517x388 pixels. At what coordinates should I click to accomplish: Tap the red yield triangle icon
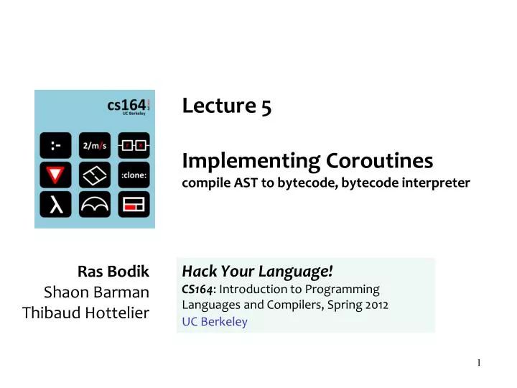[x=55, y=175]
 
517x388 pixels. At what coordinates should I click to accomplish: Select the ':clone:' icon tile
[x=134, y=175]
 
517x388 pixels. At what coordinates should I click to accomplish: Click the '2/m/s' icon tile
[x=94, y=145]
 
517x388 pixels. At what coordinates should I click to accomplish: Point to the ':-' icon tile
[x=55, y=145]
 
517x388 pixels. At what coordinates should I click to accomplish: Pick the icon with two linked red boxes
[x=134, y=145]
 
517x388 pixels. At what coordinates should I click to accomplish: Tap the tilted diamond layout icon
[x=94, y=175]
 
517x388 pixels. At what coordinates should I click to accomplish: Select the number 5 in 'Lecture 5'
[x=266, y=106]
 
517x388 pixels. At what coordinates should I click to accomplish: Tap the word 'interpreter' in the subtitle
[x=437, y=183]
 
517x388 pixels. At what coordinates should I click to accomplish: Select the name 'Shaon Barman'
[x=96, y=292]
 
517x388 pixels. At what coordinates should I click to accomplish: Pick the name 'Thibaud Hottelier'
[x=85, y=313]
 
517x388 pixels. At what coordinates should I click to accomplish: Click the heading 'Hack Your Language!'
[x=257, y=271]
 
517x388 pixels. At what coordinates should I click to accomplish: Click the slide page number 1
[x=478, y=362]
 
